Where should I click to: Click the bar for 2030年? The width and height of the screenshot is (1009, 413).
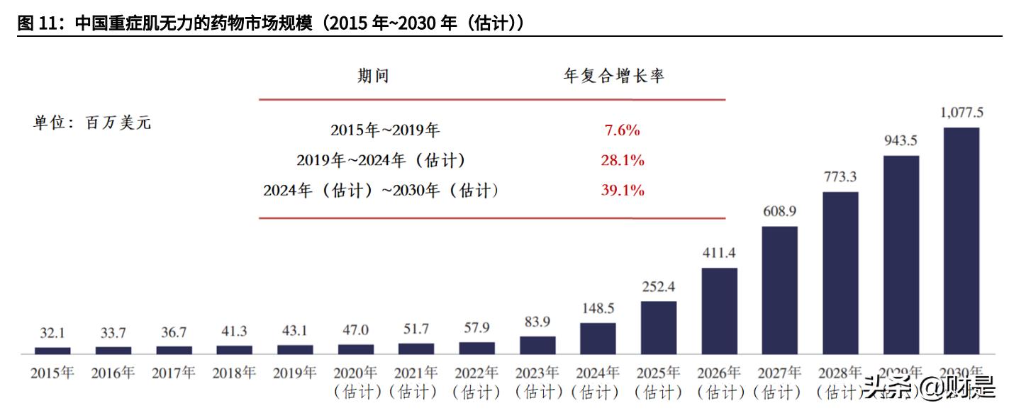tap(961, 240)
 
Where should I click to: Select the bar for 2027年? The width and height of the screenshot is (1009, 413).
tap(779, 290)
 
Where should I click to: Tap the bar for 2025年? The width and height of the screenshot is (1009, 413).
tap(659, 327)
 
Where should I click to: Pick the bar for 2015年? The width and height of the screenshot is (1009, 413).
tap(52, 350)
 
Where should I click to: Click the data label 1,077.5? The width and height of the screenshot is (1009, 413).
tap(961, 113)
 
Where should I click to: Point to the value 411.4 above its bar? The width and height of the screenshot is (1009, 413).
tap(719, 253)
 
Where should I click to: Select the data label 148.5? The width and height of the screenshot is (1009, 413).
tap(598, 308)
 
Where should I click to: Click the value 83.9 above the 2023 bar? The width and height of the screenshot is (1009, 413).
tap(537, 322)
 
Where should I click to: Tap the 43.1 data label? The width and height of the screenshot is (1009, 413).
tap(295, 332)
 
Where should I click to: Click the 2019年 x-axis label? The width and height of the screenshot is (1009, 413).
tap(295, 373)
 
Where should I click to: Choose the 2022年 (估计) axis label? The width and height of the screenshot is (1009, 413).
tap(476, 381)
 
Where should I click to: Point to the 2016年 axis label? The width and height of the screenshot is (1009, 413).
tap(113, 373)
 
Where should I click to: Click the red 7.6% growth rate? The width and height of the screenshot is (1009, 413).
tap(622, 130)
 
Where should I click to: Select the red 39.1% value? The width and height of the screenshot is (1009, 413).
tap(622, 191)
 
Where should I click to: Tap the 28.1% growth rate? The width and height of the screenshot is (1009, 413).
tap(622, 161)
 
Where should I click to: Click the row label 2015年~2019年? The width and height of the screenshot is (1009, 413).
tap(385, 130)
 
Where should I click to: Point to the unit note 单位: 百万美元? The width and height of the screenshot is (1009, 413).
tap(92, 123)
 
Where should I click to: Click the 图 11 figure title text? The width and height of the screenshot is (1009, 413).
tap(269, 23)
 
